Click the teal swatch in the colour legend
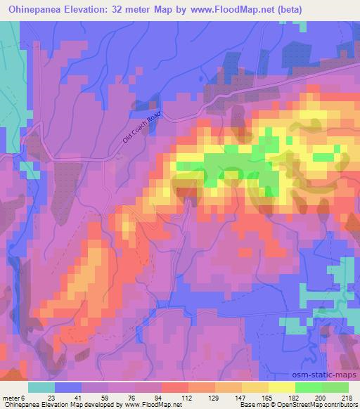[x=41, y=387]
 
